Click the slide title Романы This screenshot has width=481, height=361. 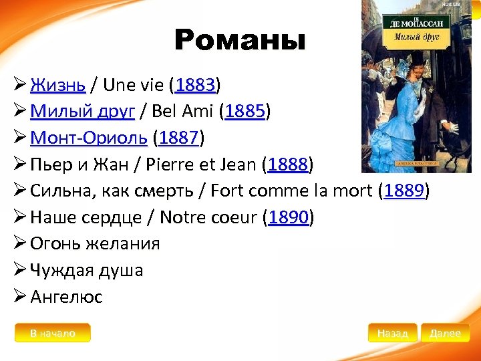click(239, 41)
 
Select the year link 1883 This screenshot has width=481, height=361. click(194, 86)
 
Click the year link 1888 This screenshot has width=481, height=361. click(287, 164)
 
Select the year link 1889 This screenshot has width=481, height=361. click(404, 191)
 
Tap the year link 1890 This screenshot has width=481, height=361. click(288, 217)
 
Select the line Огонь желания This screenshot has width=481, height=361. click(95, 243)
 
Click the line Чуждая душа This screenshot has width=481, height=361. click(87, 270)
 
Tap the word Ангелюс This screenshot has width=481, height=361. click(67, 297)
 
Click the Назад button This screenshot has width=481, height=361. click(392, 333)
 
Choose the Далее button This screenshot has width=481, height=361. click(446, 333)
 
